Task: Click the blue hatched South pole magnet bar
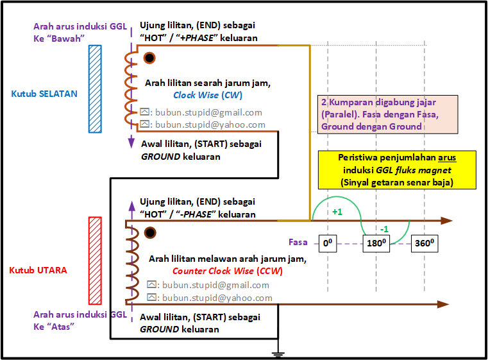point(95,89)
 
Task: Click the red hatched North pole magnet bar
point(95,261)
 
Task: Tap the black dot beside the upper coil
point(149,58)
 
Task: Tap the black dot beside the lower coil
point(150,233)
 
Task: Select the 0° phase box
point(328,243)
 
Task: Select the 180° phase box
point(376,243)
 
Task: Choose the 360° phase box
point(425,243)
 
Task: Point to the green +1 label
point(337,212)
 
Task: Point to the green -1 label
point(384,229)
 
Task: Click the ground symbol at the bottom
point(278,354)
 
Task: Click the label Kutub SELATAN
point(44,94)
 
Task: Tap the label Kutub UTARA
point(38,270)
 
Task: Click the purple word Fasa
point(298,242)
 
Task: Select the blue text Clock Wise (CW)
point(208,95)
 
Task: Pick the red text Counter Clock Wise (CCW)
point(228,271)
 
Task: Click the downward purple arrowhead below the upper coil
point(131,142)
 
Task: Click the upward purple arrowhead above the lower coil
point(132,206)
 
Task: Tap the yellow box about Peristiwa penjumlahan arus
point(397,170)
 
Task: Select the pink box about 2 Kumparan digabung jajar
point(388,114)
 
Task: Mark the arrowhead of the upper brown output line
point(446,221)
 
